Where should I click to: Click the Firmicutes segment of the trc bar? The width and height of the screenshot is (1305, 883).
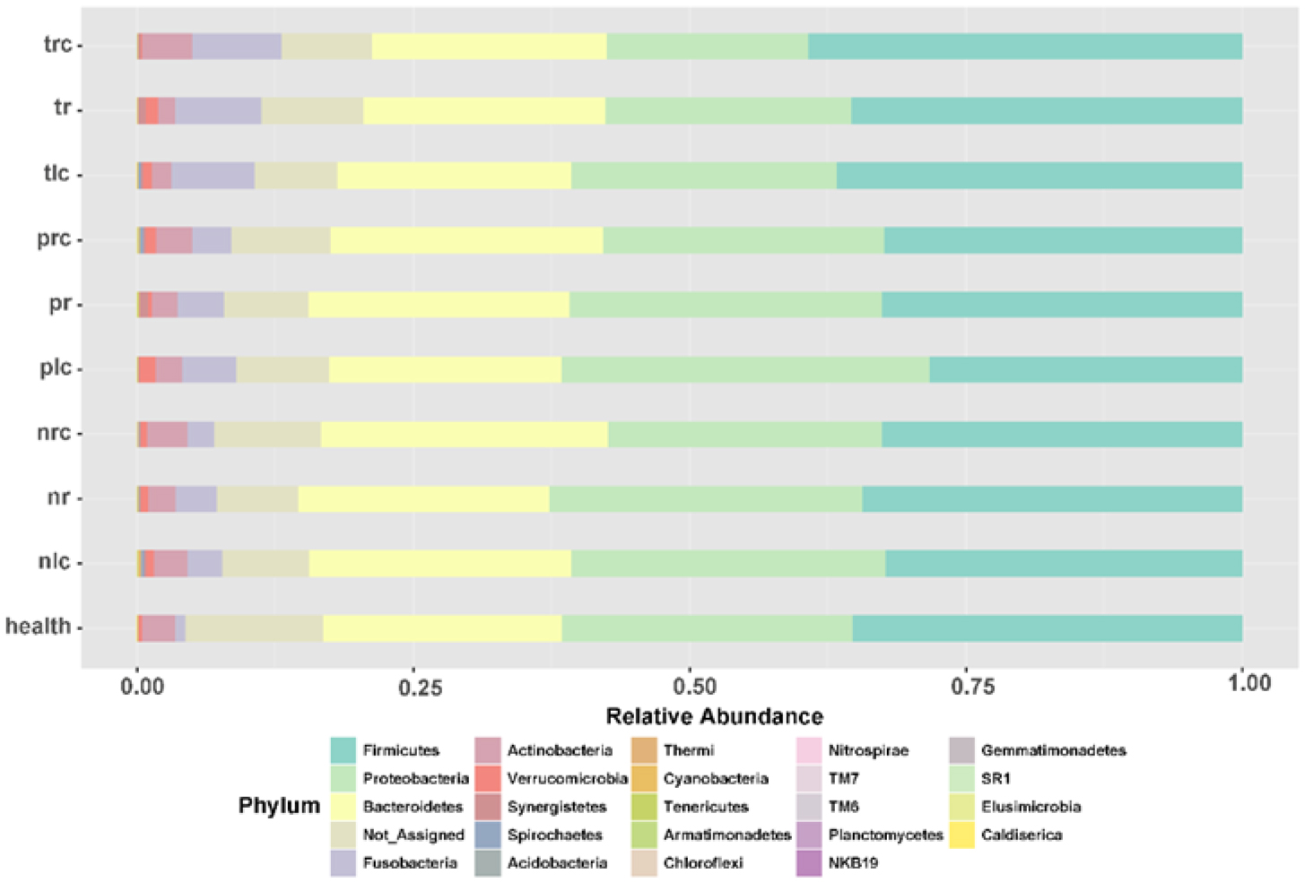point(1024,46)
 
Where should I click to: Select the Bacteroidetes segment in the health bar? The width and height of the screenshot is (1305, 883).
point(442,628)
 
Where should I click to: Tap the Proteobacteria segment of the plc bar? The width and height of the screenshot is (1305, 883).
point(744,369)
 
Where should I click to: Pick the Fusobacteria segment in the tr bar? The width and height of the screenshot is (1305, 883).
point(218,110)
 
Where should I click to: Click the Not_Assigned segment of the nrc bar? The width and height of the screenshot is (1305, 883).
point(267,434)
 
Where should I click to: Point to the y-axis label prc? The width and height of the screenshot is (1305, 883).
point(54,239)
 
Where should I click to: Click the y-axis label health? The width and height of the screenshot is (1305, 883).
point(39,626)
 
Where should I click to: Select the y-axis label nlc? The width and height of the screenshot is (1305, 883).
point(54,562)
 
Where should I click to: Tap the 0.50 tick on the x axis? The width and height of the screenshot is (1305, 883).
point(690,687)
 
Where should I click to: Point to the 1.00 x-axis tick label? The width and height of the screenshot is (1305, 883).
point(1249,684)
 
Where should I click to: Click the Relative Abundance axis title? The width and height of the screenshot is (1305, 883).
point(714,716)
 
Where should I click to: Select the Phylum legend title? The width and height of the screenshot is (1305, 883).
point(279,806)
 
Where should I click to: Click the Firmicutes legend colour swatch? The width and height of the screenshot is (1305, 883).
point(344,750)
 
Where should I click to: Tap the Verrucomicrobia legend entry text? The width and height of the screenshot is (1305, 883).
point(567,778)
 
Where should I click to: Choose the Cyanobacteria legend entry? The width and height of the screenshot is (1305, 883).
point(716,778)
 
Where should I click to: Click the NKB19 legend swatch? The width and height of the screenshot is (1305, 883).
point(809,862)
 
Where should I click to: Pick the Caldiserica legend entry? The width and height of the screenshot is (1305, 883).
point(1022,835)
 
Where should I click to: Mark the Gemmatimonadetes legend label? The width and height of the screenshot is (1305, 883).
point(1053,750)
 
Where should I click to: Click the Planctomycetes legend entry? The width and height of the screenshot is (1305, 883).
point(885,835)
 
